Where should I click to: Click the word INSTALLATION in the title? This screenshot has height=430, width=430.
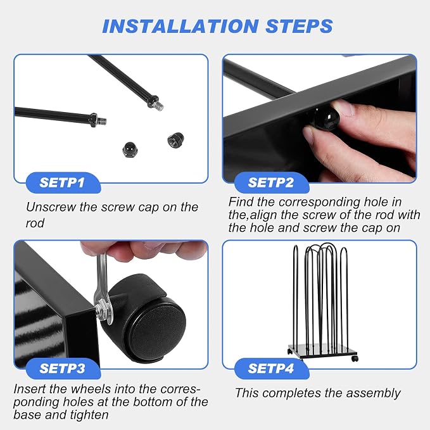180,26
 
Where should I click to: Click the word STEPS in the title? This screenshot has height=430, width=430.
299,26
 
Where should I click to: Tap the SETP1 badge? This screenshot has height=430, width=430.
63,182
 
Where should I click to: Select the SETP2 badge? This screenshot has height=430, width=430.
272,182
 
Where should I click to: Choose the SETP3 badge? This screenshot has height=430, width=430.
63,369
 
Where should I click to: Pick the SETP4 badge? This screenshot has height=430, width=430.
272,369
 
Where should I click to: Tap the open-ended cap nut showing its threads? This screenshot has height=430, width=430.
175,141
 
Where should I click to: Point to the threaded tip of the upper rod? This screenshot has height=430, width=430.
160,106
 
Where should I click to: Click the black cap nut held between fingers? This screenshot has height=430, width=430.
327,118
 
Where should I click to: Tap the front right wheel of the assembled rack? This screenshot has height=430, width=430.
355,358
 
